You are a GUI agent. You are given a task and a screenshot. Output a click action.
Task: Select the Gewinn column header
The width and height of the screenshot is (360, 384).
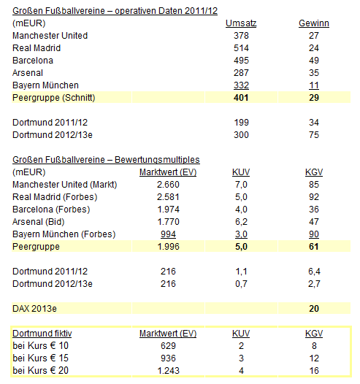[x=314, y=23]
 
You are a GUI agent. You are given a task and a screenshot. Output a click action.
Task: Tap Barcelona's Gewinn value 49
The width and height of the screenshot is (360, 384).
[x=314, y=60]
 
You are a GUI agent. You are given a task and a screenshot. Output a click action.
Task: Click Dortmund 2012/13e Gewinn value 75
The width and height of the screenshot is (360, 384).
[x=314, y=135]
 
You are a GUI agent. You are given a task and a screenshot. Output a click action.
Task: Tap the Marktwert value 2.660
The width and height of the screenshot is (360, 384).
[x=168, y=185]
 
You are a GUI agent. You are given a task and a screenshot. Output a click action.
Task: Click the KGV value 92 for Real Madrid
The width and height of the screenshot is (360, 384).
[x=314, y=196]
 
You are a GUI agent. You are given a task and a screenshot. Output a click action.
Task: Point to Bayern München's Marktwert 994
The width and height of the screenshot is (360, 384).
[x=168, y=234]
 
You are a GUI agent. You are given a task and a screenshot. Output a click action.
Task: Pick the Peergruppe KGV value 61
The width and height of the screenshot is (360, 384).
[x=314, y=246]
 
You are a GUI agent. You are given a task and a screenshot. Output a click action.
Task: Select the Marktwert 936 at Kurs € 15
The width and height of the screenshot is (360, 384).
[x=168, y=358]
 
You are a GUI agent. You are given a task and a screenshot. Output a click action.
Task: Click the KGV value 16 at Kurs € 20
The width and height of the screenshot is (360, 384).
[x=314, y=371]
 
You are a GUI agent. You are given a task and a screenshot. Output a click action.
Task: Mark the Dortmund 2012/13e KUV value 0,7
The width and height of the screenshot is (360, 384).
[x=240, y=283]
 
